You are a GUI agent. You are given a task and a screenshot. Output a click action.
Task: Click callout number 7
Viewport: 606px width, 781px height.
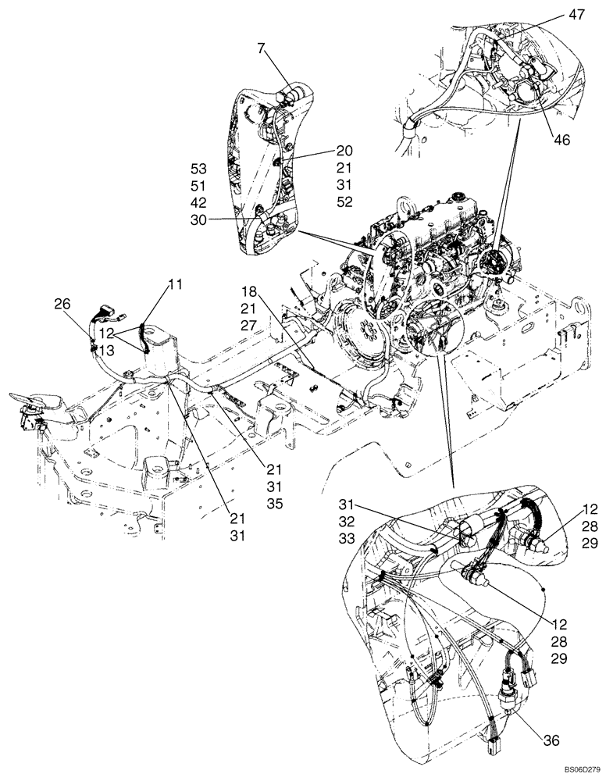point(262,51)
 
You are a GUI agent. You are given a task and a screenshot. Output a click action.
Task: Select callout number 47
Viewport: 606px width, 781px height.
point(577,15)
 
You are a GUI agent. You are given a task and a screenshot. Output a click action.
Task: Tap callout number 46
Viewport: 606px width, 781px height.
point(561,141)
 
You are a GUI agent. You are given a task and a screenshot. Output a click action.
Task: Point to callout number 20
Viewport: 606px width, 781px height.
point(345,151)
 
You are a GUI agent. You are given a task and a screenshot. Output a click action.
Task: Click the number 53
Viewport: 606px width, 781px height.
point(201,168)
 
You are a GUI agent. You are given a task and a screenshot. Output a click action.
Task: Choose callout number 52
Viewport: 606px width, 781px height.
point(345,202)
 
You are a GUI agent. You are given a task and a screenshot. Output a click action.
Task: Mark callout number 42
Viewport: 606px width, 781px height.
point(201,202)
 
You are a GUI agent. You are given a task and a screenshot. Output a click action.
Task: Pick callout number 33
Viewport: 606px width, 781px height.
point(348,538)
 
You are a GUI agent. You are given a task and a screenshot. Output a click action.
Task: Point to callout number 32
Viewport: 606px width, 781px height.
point(348,521)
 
